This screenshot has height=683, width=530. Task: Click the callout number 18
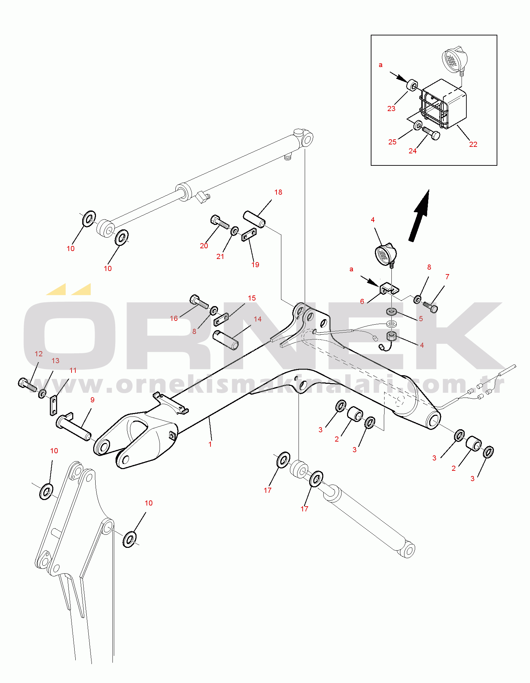point(278,192)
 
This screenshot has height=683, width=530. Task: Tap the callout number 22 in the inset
point(473,144)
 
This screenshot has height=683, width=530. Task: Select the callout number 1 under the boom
point(210,444)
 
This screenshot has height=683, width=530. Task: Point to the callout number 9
point(92,400)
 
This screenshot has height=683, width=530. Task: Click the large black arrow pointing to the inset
point(420,215)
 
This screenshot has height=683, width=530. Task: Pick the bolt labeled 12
point(27,385)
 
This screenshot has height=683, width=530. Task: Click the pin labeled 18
point(254,219)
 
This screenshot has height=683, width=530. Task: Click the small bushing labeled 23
point(412,85)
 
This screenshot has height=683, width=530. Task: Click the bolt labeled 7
point(430,306)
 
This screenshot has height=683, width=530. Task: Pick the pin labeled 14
point(226,340)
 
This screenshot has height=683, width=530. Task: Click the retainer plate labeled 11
point(53,406)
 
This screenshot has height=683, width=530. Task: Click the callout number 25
point(392,142)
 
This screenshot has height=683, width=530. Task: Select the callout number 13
point(55,360)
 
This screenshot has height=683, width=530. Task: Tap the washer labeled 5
point(391,312)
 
